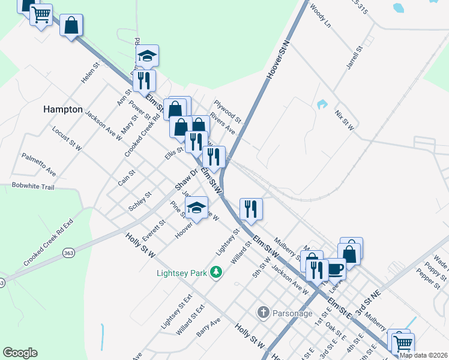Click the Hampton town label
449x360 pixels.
click(x=62, y=109)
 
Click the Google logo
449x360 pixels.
click(x=20, y=353)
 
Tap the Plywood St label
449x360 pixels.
click(x=227, y=111)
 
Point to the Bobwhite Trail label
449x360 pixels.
click(x=33, y=187)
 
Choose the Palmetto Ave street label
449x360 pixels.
click(x=38, y=164)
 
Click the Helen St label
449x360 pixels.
click(x=90, y=75)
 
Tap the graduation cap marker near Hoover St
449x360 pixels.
click(x=196, y=208)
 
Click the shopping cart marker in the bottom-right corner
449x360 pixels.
click(x=403, y=345)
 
